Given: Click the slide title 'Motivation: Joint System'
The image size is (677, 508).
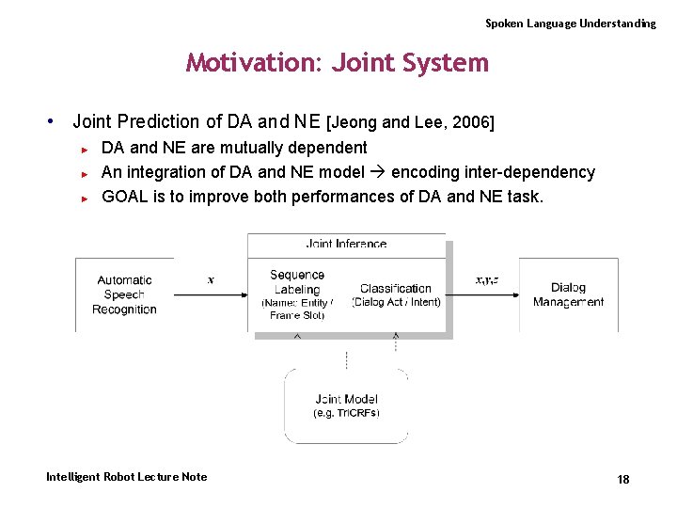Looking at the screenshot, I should click(x=338, y=63).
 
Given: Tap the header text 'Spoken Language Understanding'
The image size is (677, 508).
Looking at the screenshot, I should click(x=570, y=23).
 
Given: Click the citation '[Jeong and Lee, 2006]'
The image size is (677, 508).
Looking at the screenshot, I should click(x=410, y=122).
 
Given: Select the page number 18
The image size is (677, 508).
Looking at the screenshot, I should click(x=622, y=480).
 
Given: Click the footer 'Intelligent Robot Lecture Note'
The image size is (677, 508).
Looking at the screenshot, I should click(x=126, y=477).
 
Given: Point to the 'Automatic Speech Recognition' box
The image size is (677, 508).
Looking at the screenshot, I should click(x=124, y=294).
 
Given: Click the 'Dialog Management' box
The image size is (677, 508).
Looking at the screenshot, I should click(x=568, y=294).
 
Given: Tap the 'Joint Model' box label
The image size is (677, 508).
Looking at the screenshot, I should click(x=346, y=399).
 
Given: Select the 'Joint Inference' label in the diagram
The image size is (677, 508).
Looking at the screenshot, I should click(x=346, y=244).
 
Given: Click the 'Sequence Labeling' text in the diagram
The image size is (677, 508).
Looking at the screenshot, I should click(x=297, y=282).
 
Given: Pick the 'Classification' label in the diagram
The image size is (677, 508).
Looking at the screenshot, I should click(x=396, y=288).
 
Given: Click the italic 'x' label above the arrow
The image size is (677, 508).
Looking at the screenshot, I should click(x=210, y=279).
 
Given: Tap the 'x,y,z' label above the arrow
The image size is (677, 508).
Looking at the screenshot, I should click(x=487, y=279).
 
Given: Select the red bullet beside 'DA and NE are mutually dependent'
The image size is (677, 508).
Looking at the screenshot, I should click(x=84, y=149).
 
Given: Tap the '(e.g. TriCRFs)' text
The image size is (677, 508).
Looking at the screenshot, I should click(x=346, y=413).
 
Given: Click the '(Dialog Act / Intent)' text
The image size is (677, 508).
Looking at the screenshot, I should click(x=396, y=302).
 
